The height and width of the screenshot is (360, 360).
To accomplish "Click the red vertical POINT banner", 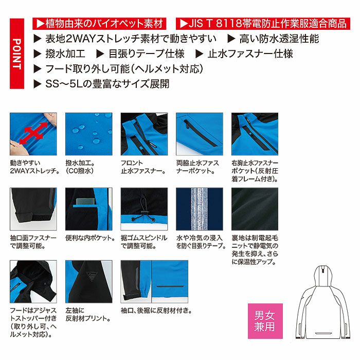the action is point(17,53).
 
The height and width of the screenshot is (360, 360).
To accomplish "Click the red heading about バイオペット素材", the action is point(99,24).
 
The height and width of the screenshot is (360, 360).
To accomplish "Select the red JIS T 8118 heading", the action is point(263,24).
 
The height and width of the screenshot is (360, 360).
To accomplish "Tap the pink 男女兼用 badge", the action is point(265,321).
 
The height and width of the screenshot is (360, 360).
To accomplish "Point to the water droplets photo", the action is point(89,134).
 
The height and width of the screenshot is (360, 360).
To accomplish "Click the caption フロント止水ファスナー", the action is point(143,167).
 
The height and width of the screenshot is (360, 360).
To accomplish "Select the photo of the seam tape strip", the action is point(200,209).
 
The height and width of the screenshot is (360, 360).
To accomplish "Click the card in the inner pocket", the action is point(85,201).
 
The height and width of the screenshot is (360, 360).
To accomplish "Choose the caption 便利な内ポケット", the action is point(90,238).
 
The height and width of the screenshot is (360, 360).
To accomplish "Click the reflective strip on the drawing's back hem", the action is point(323,333).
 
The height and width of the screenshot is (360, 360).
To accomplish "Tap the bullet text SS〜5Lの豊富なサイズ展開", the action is point(107,84).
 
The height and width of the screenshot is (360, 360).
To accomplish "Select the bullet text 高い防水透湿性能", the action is point(279,39).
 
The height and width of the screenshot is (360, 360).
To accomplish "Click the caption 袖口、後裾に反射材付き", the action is point(156,311).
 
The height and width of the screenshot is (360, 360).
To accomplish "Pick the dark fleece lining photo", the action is point(255,209).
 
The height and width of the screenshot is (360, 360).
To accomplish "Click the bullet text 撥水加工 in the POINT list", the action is point(65,54).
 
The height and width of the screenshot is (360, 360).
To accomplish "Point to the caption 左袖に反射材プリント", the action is point(88,314).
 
